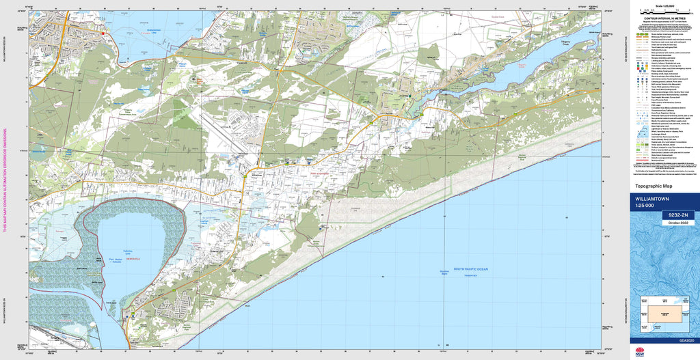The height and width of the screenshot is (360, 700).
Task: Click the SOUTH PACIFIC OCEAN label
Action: pyautogui.click(x=471, y=268)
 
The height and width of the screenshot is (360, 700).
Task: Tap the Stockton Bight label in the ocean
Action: pyautogui.click(x=444, y=273)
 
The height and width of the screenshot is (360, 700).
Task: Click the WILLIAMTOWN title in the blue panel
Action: pyautogui.click(x=652, y=199)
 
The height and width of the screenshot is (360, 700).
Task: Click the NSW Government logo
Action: pyautogui.click(x=639, y=352)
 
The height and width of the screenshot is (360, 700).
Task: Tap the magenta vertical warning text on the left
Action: pyautogui.click(x=5, y=180)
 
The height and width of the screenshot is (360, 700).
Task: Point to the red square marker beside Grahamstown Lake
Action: pyautogui.click(x=103, y=33)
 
